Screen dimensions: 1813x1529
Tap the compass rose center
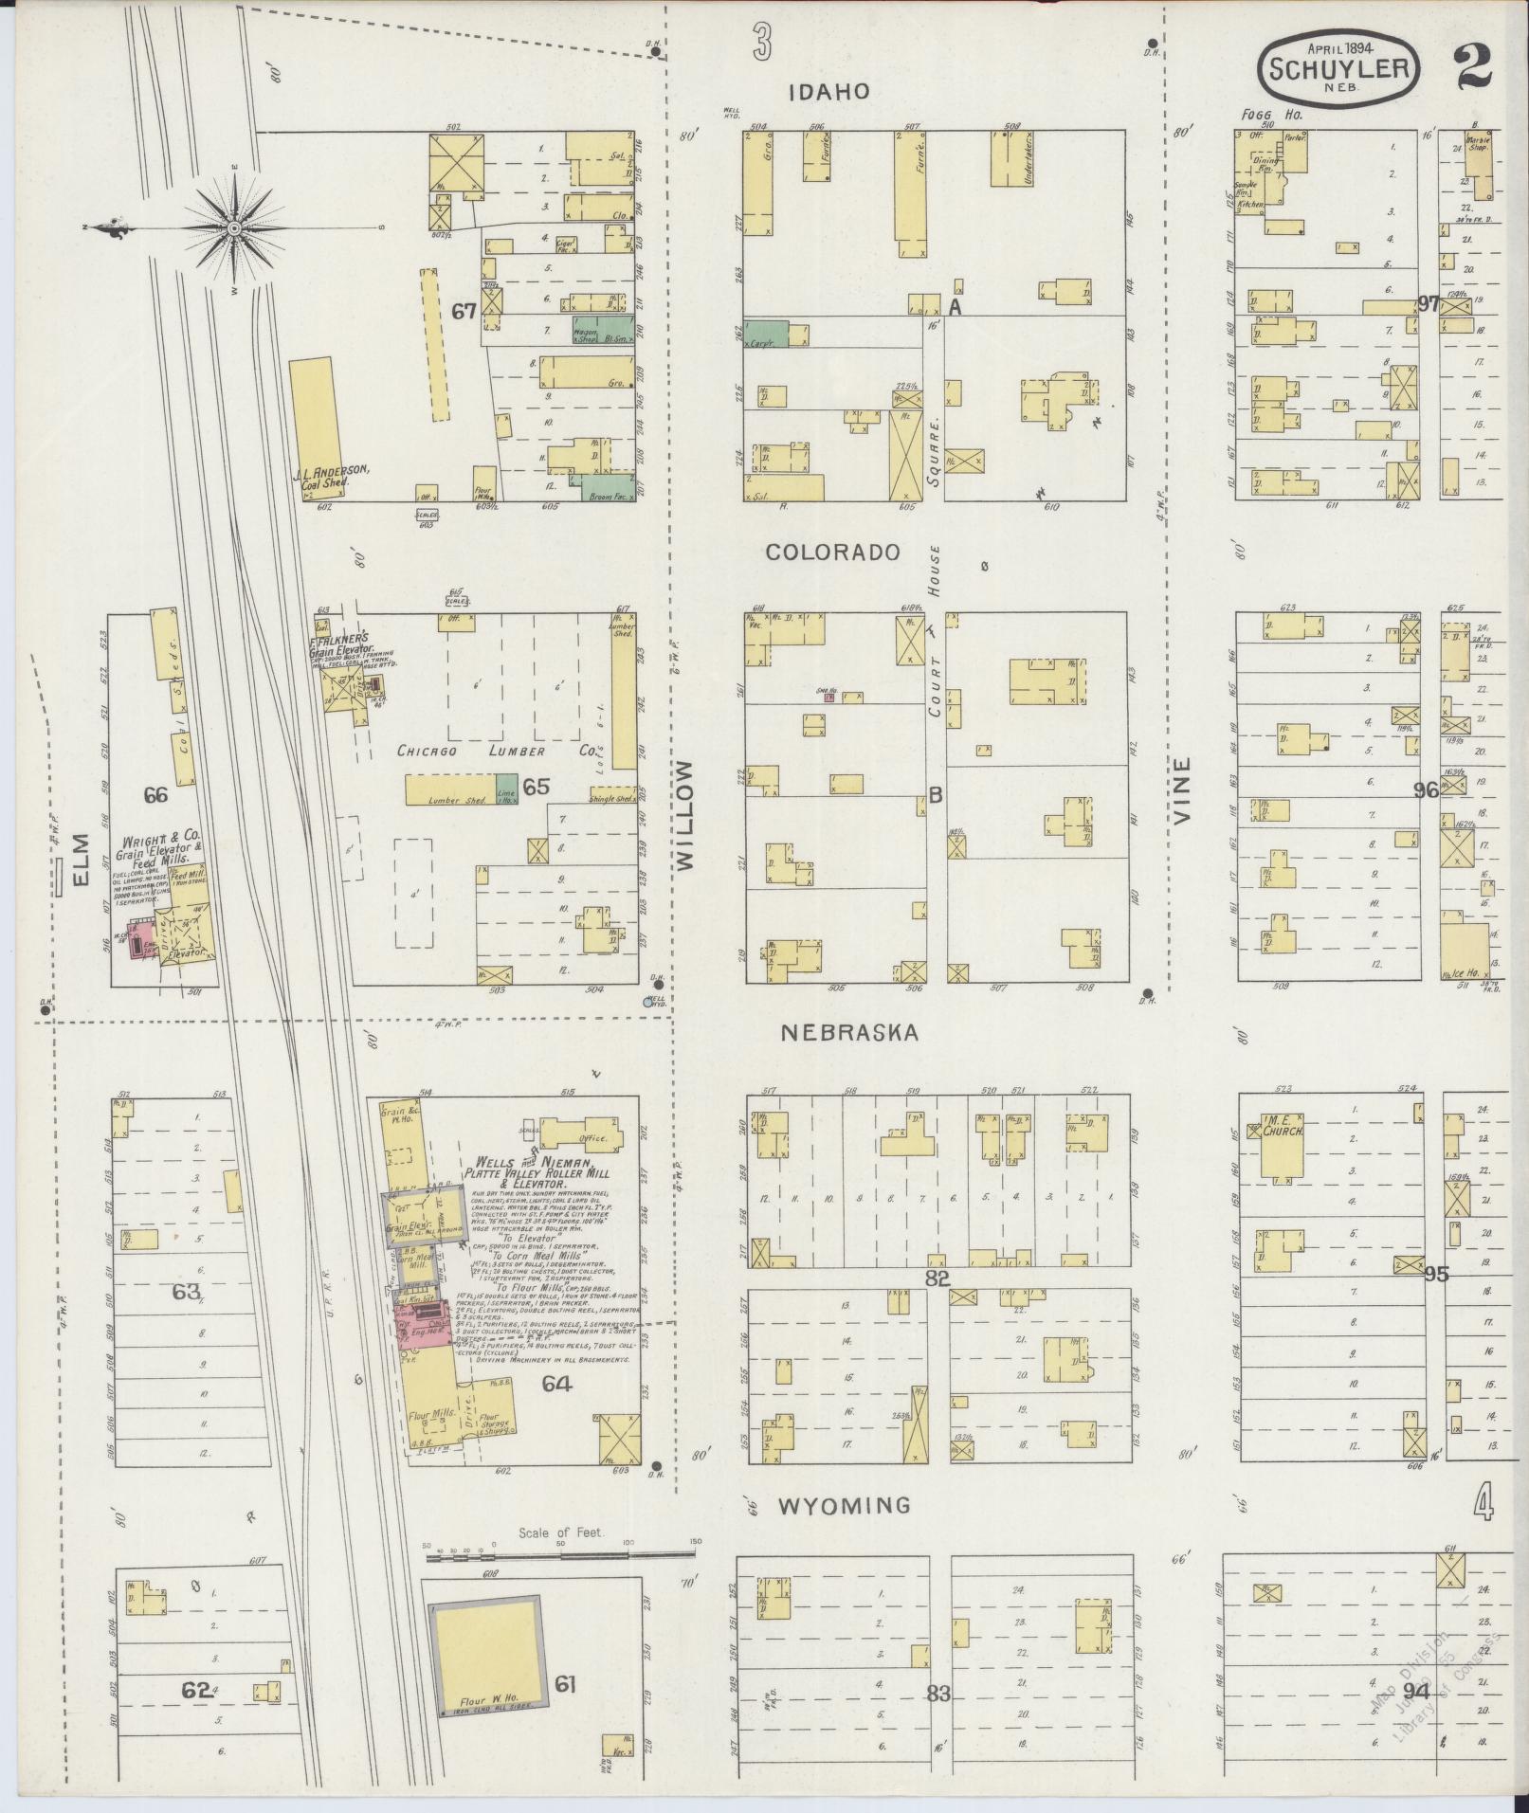(x=234, y=227)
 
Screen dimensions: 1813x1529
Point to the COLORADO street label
(x=832, y=552)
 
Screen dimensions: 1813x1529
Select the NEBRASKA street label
(x=849, y=1033)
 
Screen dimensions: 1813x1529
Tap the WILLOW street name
(x=685, y=814)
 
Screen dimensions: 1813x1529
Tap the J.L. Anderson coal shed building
(x=312, y=425)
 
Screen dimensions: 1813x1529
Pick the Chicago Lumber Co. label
(x=500, y=751)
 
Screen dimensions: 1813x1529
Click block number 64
(x=556, y=1383)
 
